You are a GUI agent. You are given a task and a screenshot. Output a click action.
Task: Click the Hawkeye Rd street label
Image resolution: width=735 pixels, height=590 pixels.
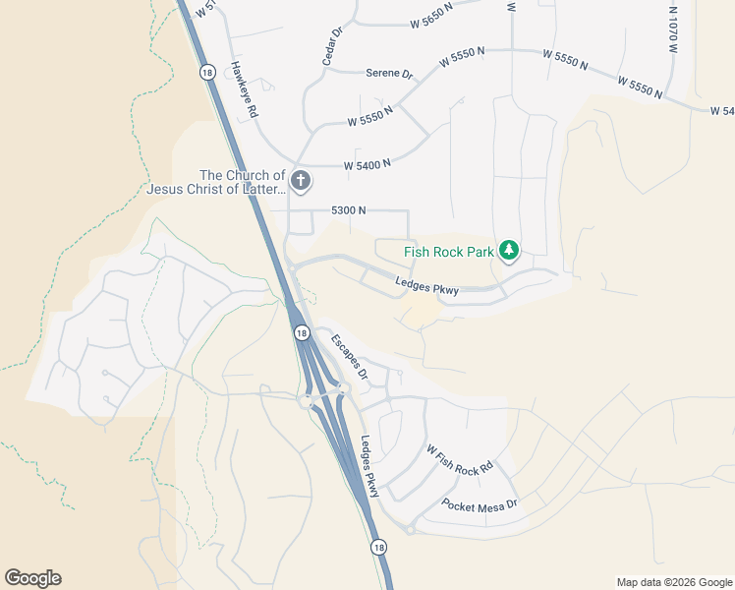coord(244,90)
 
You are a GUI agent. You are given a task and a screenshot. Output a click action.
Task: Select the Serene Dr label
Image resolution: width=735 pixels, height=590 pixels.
coord(389,74)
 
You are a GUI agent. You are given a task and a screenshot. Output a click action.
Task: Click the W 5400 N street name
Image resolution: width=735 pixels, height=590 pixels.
coord(367,165)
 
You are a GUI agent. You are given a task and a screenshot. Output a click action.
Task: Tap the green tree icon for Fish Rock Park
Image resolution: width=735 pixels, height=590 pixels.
coord(508,252)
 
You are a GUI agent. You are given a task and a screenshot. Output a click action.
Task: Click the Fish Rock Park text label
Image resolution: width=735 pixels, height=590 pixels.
coord(449,252)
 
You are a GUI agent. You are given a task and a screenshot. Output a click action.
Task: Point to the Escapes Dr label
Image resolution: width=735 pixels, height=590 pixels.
coord(349,358)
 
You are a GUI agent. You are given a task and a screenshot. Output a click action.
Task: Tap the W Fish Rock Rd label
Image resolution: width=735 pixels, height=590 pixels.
coord(458,459)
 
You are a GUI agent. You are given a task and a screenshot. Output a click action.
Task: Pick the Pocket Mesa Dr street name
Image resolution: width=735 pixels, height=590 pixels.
coord(480,504)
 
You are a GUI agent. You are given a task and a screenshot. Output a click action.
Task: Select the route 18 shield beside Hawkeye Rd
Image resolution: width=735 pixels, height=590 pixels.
coord(206,72)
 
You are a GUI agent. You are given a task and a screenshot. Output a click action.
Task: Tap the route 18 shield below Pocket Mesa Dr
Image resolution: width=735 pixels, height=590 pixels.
coord(378,547)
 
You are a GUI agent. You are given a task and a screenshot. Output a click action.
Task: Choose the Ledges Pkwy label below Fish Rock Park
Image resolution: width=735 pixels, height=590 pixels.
coord(427,287)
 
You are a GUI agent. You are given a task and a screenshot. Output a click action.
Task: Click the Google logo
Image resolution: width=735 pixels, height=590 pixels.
coord(32,578)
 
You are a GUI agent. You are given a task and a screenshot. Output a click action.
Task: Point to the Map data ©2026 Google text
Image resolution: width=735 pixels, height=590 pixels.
coord(673,582)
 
